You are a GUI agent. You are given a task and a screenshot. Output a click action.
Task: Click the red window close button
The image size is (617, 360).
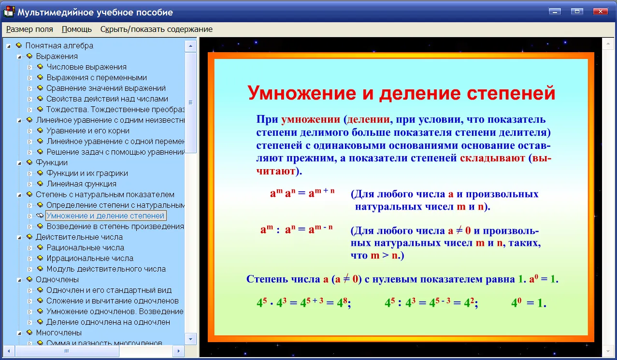600,12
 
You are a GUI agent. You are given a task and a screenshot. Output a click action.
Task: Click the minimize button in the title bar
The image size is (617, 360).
555,12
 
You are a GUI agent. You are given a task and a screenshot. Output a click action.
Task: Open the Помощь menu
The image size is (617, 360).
76,29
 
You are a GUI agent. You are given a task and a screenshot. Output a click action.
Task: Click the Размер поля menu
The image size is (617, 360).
29,29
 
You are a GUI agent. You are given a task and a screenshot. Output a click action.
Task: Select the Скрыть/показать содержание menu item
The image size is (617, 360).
156,29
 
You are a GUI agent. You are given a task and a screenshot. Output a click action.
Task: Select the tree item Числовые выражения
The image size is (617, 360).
86,67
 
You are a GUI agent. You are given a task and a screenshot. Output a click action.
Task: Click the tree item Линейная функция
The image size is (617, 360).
82,184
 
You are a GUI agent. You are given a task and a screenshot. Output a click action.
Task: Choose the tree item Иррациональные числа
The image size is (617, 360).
90,258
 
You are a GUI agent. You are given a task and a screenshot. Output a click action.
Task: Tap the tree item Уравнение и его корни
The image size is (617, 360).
88,130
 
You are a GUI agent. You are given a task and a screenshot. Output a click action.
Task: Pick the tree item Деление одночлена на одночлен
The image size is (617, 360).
108,322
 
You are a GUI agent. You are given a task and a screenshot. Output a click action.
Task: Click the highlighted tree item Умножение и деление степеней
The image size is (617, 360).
105,216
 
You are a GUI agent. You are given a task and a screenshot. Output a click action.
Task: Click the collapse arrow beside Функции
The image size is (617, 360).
19,163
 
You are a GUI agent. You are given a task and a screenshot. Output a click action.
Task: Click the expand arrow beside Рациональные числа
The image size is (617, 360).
29,248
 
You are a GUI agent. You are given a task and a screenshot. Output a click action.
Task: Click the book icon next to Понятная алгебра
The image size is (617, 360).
19,45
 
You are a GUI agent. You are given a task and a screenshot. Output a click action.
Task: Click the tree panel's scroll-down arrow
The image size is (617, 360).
190,339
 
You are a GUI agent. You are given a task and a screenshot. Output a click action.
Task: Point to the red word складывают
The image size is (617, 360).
492,158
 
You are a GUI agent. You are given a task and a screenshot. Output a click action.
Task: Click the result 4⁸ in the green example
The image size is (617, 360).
342,302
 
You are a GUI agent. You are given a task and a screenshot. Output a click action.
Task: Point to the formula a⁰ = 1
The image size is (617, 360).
544,279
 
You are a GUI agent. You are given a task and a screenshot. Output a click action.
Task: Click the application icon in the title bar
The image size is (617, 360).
9,12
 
